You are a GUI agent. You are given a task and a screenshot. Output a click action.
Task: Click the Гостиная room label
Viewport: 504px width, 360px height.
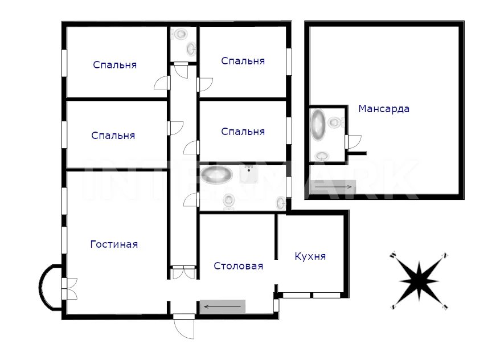[114, 244]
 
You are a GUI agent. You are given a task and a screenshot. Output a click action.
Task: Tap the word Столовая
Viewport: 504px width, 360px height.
[239, 266]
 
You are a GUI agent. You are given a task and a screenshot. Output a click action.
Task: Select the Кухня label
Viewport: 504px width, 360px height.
[310, 256]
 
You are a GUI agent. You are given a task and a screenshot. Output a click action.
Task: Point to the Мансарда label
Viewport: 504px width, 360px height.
[384, 109]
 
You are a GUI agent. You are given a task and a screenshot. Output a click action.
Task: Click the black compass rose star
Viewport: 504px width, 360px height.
[419, 281]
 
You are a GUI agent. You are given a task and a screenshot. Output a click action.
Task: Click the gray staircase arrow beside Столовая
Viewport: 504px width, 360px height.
[223, 306]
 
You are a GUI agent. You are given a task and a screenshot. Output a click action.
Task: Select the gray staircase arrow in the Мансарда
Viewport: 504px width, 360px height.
[333, 187]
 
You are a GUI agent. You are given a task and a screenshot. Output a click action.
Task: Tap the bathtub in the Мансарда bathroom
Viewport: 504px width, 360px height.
[318, 125]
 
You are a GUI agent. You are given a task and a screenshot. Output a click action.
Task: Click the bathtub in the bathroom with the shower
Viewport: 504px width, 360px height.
[216, 175]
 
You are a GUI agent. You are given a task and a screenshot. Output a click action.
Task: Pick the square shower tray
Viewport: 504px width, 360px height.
[248, 174]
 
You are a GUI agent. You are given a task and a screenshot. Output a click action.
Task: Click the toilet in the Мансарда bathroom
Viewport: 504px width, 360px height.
[335, 122]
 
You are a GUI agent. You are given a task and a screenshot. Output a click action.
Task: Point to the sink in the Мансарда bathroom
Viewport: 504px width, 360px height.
[322, 156]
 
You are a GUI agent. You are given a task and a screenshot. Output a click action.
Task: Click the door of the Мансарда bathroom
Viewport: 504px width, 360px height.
[353, 142]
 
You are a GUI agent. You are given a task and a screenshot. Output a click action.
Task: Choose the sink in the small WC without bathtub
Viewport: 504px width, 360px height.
[191, 49]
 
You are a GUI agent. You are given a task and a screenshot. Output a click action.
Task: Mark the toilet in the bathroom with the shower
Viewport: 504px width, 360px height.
[228, 202]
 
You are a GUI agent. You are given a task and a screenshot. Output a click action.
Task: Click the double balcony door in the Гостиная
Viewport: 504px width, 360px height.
[69, 289]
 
